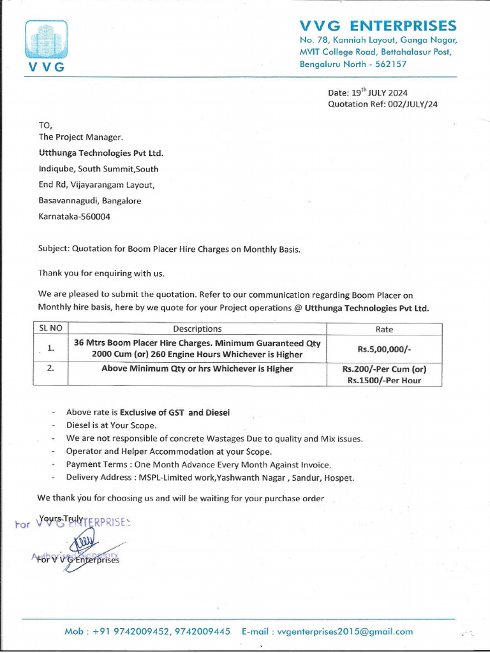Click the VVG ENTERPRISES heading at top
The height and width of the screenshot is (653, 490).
[x=378, y=26]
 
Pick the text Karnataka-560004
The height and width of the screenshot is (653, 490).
[x=75, y=216]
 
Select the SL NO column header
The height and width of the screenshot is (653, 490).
[x=50, y=329]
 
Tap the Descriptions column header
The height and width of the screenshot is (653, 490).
[x=197, y=329]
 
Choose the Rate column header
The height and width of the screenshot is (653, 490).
[x=384, y=330]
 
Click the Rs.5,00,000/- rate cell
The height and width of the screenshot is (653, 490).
[x=384, y=349]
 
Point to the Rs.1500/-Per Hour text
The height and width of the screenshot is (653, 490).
[x=384, y=381]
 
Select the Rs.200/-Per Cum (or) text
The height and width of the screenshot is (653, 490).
[x=384, y=369]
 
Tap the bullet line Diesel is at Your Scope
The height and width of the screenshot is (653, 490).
[x=111, y=425]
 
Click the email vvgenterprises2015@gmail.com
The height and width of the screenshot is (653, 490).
[x=345, y=631]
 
